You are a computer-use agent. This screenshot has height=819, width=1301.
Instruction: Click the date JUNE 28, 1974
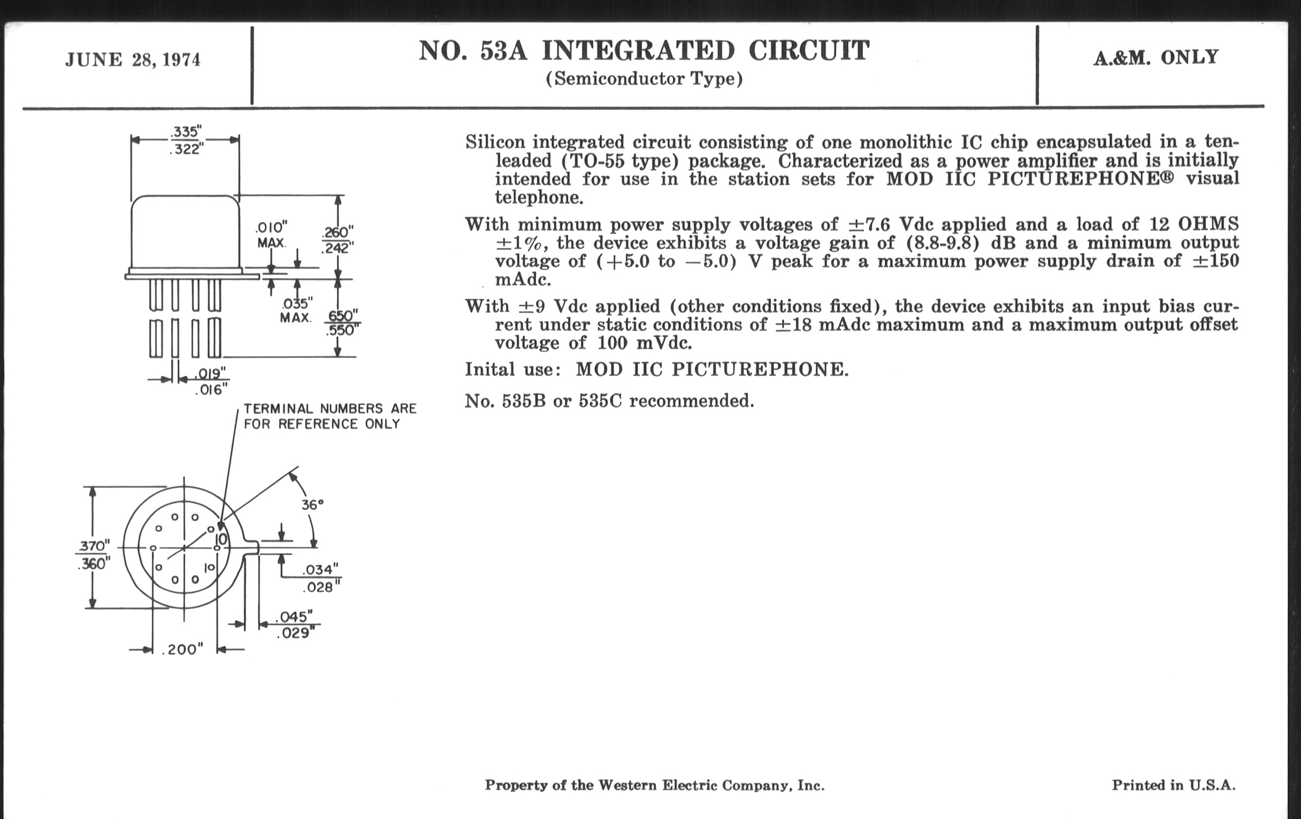pos(133,59)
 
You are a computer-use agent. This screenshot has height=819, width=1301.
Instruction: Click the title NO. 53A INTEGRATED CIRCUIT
pos(644,51)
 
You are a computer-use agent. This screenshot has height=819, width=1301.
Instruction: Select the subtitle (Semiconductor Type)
pos(644,79)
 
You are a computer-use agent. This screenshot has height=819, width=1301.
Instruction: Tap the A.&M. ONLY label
pos(1156,57)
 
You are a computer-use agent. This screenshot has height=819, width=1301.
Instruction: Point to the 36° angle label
pos(312,504)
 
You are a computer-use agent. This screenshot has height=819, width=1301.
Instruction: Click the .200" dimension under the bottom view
pos(182,650)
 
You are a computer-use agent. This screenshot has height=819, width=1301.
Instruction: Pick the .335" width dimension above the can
pos(186,132)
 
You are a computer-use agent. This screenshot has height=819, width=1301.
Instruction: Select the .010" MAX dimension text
pos(271,234)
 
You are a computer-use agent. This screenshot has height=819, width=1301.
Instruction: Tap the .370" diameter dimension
pos(93,547)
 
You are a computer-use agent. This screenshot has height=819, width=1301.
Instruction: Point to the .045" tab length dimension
pos(294,617)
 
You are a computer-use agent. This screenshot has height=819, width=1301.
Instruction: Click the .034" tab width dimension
pos(320,570)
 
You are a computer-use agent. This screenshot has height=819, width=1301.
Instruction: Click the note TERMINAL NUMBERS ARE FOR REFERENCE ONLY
pos(330,416)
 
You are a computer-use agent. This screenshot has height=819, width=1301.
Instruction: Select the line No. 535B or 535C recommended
pos(609,400)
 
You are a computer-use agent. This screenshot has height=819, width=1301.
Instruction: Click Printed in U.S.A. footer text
pos(1174,785)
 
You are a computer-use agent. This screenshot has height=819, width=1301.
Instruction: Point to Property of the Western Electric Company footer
pos(654,785)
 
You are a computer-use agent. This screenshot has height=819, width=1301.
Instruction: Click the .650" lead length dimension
pos(342,315)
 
